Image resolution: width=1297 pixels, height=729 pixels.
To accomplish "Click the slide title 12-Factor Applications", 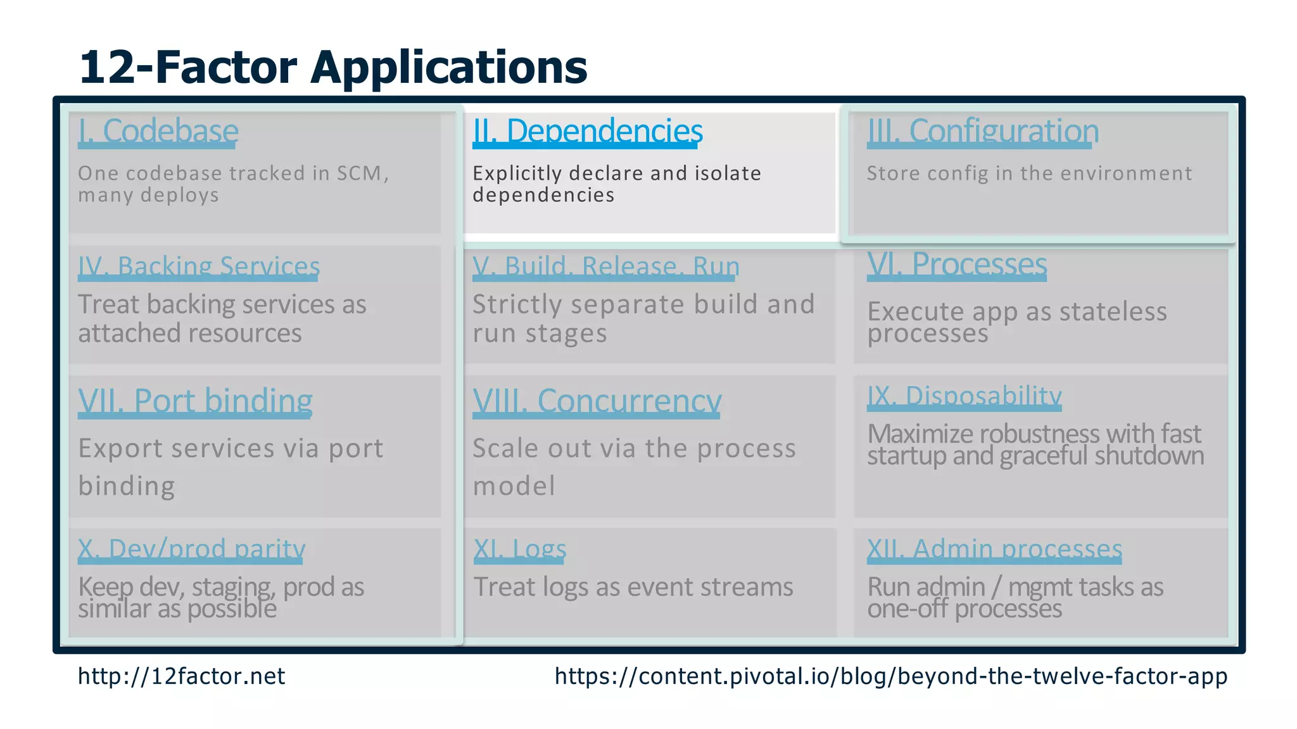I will [x=332, y=67].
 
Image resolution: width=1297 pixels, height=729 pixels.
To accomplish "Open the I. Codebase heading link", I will [x=158, y=131].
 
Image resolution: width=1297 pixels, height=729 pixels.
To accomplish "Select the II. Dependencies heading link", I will [x=587, y=131].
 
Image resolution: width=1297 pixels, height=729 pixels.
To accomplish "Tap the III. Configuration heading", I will [x=982, y=131].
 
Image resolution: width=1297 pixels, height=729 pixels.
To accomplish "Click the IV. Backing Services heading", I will [x=198, y=266].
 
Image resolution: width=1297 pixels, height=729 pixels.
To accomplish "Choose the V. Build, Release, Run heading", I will [x=605, y=266].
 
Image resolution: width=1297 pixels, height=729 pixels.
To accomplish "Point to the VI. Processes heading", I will [x=956, y=264].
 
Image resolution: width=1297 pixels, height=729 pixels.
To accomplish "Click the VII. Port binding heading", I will [x=195, y=401].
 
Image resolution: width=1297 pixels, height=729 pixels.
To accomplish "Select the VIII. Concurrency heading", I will [x=597, y=401].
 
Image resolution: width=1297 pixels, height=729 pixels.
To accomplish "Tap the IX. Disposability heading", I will [x=964, y=396].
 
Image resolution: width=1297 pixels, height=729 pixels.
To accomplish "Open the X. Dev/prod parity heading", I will [x=191, y=549].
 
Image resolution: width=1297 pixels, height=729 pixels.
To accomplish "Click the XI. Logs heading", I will [x=519, y=549].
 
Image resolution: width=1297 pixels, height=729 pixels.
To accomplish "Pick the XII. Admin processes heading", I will [x=994, y=549].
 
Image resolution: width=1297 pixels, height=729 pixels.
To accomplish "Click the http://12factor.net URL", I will [x=181, y=676].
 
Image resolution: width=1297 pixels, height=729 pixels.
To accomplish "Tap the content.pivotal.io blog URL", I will [x=890, y=676].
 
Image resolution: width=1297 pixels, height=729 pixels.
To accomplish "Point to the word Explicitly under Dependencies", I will [x=517, y=173].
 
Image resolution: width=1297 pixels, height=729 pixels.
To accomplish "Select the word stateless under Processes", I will [x=1113, y=311].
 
